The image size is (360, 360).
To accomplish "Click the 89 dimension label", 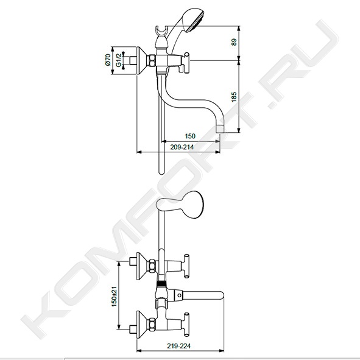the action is [234, 42].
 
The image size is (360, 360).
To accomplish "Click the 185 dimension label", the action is [234, 97].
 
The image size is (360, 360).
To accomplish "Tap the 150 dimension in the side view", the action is [190, 136].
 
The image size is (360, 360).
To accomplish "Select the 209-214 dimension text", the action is [182, 147].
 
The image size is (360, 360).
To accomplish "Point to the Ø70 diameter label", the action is [108, 60].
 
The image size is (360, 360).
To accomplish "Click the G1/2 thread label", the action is [118, 60].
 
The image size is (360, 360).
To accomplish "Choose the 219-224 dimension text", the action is [179, 346].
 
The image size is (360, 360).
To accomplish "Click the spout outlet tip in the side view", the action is [220, 129].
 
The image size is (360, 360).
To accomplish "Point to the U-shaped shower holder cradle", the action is [161, 32].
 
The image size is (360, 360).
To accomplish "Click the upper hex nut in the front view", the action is [152, 266].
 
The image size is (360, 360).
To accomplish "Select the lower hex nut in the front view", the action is [152, 325].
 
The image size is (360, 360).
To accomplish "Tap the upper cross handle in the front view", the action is [186, 266].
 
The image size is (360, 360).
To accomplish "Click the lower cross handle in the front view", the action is [186, 325].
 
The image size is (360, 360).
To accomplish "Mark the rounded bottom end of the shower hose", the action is [161, 172].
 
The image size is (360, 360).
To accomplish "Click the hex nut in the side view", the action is [152, 61].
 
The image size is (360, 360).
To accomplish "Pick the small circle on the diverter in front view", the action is [178, 294].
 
